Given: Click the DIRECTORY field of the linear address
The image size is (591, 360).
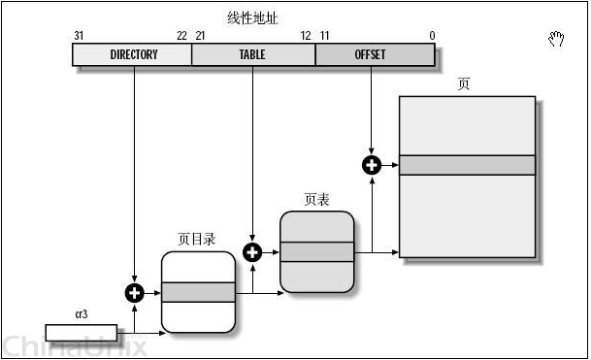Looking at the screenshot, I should point(133,55).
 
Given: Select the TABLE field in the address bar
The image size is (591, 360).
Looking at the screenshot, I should point(252,55).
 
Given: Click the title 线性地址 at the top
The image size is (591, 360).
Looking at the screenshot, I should point(250,17).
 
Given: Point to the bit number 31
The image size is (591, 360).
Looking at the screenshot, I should point(79,36).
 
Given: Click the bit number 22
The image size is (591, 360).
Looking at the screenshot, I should point(181,36).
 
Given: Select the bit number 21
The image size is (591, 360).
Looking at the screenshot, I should point(200,36).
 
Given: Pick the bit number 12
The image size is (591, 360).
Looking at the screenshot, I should point(306,36).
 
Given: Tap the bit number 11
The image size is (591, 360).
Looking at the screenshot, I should point(323,36).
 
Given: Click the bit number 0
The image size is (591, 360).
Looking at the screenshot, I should point(431,36).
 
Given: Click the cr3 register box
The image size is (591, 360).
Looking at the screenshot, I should point(81,333).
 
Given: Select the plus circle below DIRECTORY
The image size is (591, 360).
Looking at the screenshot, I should point(134,292).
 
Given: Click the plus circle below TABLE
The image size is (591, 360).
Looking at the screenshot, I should point(252,252).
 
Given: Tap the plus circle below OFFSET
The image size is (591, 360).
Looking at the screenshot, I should point(371,165).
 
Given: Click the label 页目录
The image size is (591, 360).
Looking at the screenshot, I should point(198,239).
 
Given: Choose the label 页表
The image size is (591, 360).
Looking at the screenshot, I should point(316,199).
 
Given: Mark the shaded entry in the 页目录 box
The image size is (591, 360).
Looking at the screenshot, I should point(198,292).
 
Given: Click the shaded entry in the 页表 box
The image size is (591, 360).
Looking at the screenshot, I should point(316,252).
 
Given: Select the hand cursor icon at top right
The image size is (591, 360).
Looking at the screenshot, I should point(556,39).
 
